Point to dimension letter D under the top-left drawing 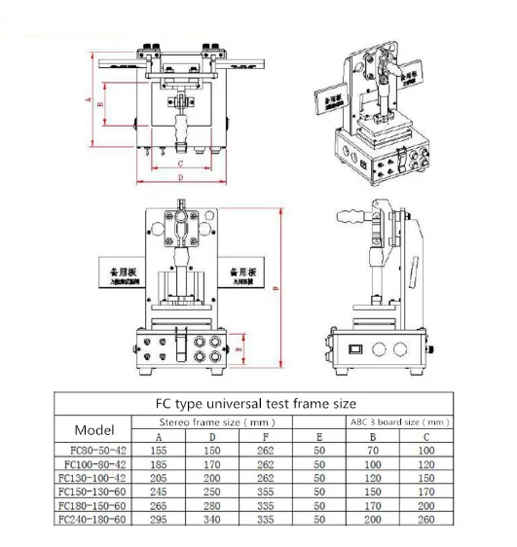point(181,178)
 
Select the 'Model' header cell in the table point(94,429)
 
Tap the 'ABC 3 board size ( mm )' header point(398,422)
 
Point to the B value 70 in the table point(373,451)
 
